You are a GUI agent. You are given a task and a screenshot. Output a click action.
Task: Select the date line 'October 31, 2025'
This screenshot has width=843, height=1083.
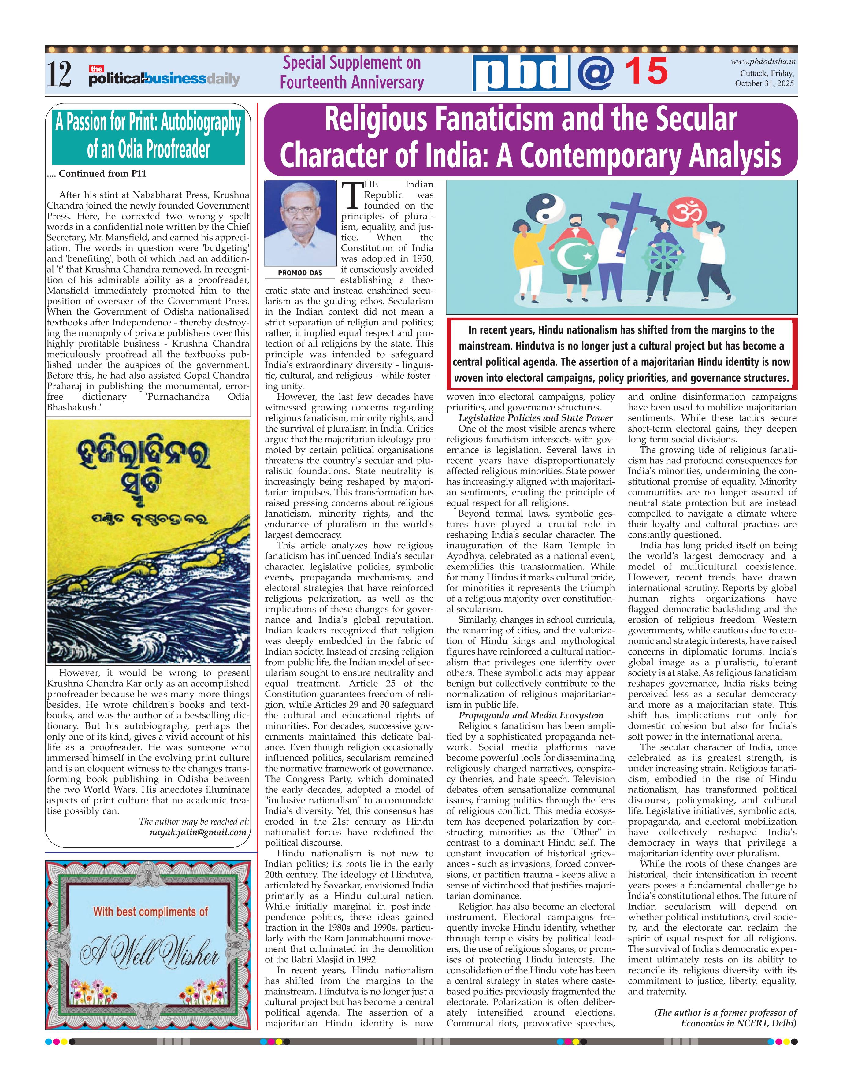[764, 84]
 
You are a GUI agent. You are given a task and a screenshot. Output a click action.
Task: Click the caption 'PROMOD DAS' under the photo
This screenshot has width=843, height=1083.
[300, 273]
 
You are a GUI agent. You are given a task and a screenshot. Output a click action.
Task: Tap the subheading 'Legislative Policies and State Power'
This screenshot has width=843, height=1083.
[536, 418]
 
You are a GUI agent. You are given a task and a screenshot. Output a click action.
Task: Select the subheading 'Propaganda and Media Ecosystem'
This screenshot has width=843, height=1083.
[531, 715]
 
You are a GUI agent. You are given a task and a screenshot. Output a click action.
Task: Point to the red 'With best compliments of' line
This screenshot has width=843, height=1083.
[150, 911]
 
